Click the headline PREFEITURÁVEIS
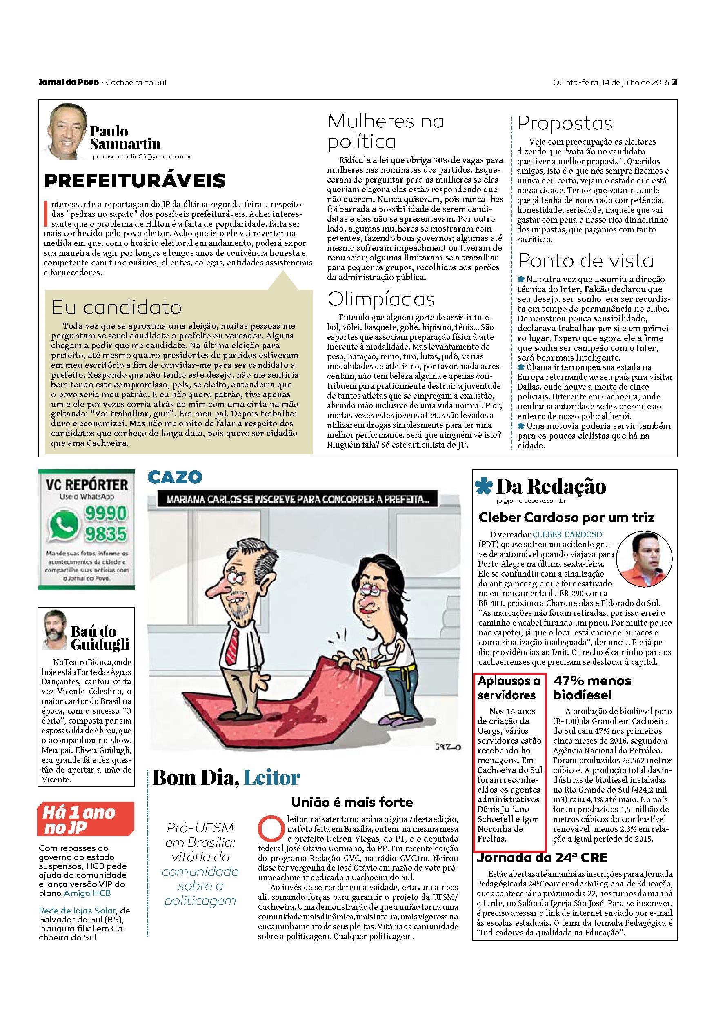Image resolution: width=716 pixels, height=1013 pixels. (135, 180)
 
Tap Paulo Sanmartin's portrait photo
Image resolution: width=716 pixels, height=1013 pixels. (67, 133)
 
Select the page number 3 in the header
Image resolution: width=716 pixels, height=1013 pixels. (674, 82)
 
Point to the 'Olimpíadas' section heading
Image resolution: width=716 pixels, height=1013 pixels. (381, 299)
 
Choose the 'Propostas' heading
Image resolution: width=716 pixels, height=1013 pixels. (565, 123)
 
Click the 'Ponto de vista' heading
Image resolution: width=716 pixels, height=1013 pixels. (585, 261)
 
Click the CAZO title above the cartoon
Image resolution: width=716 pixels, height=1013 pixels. (175, 476)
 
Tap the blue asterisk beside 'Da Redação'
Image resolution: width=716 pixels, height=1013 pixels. (485, 487)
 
